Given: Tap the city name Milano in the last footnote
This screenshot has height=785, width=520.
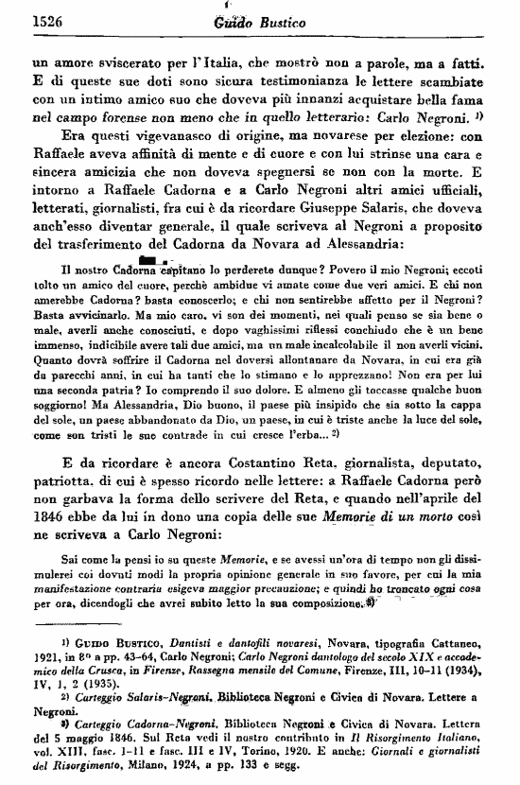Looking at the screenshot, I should [147, 775].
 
